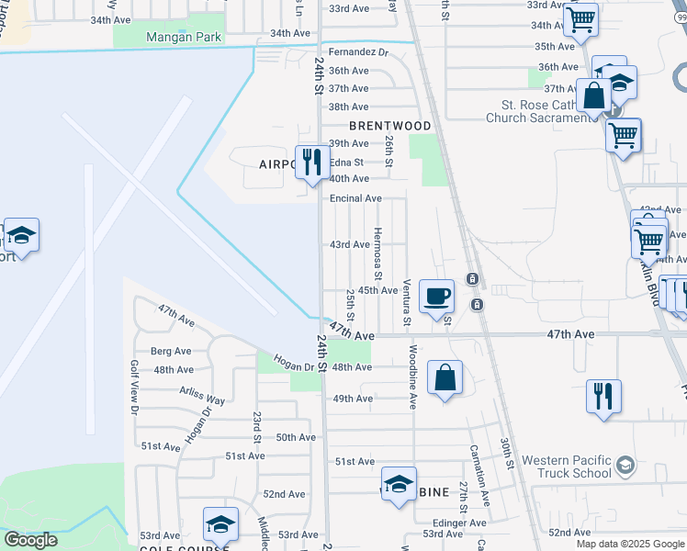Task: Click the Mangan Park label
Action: coord(184,38)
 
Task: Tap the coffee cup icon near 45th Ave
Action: coord(437,296)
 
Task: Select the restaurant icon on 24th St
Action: coord(311,162)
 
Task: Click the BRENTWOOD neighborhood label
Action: coord(389,126)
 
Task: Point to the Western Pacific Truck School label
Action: coord(566,467)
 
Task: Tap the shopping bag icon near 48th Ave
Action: coord(445,377)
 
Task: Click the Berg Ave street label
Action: coord(171,351)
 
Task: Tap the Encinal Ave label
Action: coord(355,198)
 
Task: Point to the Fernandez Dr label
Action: coord(359,53)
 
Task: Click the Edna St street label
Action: coord(346,163)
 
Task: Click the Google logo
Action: coord(30,540)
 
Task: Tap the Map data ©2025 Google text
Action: coord(631,544)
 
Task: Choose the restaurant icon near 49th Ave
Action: coord(603,396)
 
